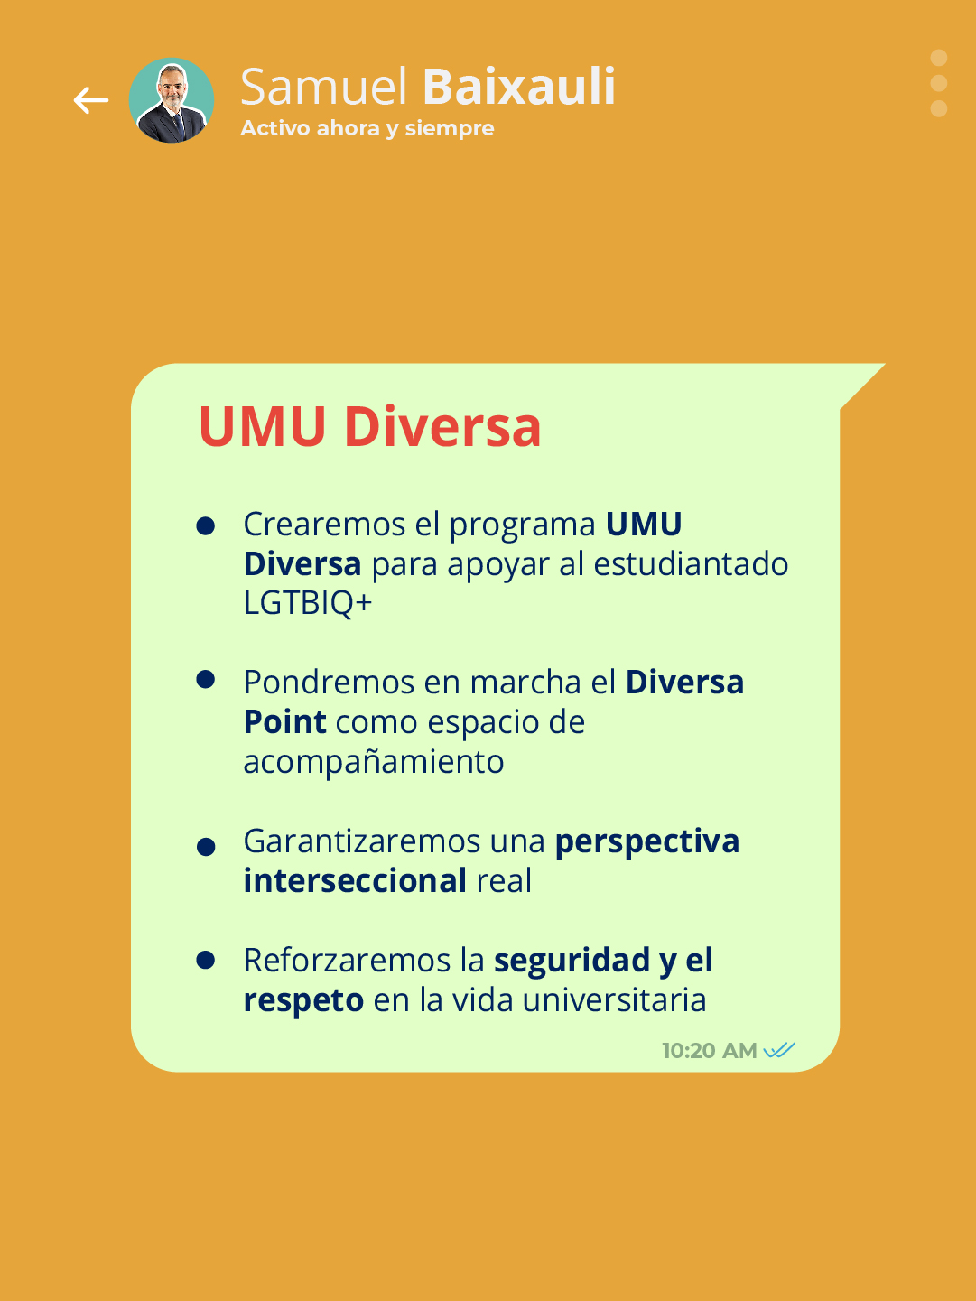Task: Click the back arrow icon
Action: (x=91, y=100)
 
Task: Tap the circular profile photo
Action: (x=172, y=100)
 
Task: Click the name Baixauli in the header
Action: (x=519, y=88)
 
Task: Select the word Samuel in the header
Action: (x=324, y=88)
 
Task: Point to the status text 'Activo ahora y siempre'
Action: (x=367, y=128)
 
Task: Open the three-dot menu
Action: (x=939, y=83)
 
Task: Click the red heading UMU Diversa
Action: (x=369, y=426)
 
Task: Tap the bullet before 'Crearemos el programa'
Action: (x=206, y=525)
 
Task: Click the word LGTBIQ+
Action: (x=308, y=603)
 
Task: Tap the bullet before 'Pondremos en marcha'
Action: (x=206, y=680)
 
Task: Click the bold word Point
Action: (x=285, y=722)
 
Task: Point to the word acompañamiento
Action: (x=374, y=762)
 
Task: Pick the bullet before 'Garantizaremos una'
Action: (x=206, y=847)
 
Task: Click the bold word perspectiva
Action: (x=647, y=841)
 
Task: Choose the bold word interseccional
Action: (x=355, y=881)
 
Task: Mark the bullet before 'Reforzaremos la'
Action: (x=206, y=960)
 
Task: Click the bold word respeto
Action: (x=303, y=1000)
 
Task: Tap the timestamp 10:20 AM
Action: (x=709, y=1051)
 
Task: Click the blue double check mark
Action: (x=779, y=1050)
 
